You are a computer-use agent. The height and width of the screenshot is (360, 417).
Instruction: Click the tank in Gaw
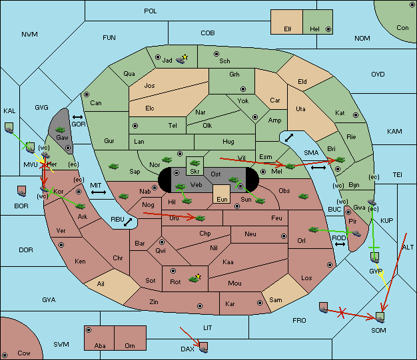[x=61, y=130]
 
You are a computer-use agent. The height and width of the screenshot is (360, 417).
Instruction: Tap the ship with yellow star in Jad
[x=181, y=60]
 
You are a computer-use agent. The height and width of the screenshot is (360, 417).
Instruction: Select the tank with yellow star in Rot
[x=195, y=279]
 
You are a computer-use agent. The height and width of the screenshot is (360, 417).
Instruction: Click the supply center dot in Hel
[x=328, y=29]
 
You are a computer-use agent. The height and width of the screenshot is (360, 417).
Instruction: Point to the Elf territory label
[x=288, y=29]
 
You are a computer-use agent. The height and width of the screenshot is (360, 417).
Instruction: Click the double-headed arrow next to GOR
[x=77, y=117]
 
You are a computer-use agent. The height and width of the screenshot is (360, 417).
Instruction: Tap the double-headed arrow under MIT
[x=99, y=192]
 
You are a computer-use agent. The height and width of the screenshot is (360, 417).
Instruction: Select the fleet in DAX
[x=203, y=347]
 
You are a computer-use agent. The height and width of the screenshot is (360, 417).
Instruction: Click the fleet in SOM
[x=380, y=317]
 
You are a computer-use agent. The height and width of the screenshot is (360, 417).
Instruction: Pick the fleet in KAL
[x=9, y=128]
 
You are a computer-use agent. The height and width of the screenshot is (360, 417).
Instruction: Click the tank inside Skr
[x=195, y=163]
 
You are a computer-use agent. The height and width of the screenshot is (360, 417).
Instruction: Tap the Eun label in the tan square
[x=222, y=199]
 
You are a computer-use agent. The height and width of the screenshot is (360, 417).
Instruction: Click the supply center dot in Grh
[x=243, y=89]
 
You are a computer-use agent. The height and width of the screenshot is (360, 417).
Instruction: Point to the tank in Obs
[x=304, y=196]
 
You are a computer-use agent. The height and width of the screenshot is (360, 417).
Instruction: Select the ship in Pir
[x=356, y=234]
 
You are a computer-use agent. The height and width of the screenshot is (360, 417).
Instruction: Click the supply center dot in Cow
[x=5, y=355]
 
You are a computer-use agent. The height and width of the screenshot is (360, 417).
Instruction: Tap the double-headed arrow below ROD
[x=340, y=244]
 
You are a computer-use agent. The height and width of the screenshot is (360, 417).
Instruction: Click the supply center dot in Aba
[x=89, y=330]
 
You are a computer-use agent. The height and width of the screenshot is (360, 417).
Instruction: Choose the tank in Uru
[x=201, y=218]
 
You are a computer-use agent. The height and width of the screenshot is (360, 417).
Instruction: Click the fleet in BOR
[x=21, y=191]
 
